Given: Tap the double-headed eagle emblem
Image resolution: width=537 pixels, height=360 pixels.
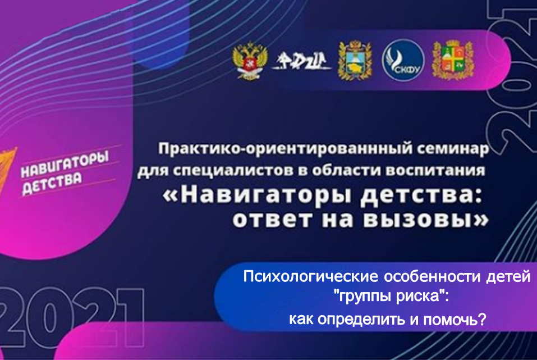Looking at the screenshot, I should coord(249,61).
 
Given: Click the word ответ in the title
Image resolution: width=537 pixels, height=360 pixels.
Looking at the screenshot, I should coord(272,218).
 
